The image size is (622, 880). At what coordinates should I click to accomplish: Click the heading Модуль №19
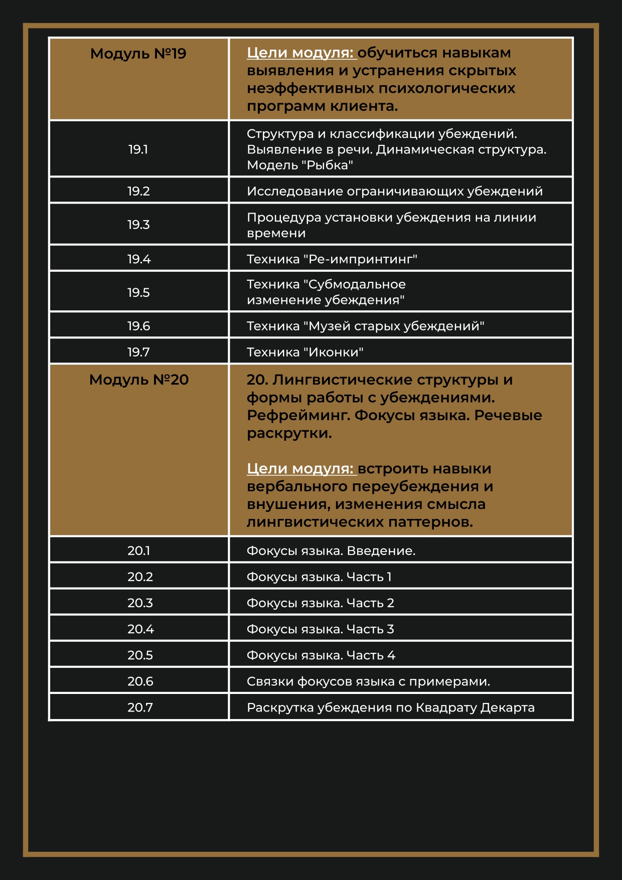[138, 54]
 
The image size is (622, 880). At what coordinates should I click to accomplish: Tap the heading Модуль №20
[138, 380]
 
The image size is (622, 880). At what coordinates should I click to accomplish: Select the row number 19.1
[138, 149]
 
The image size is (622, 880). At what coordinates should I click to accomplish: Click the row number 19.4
[138, 259]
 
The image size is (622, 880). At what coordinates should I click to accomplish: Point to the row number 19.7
[138, 352]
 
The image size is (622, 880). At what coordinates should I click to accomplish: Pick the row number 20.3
[140, 603]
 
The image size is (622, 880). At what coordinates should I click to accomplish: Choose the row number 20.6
[140, 681]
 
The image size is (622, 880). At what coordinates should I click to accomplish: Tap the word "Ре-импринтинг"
[360, 259]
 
